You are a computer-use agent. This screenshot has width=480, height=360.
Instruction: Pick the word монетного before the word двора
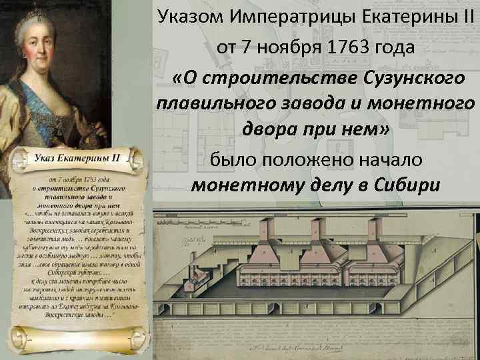tap(417, 104)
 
